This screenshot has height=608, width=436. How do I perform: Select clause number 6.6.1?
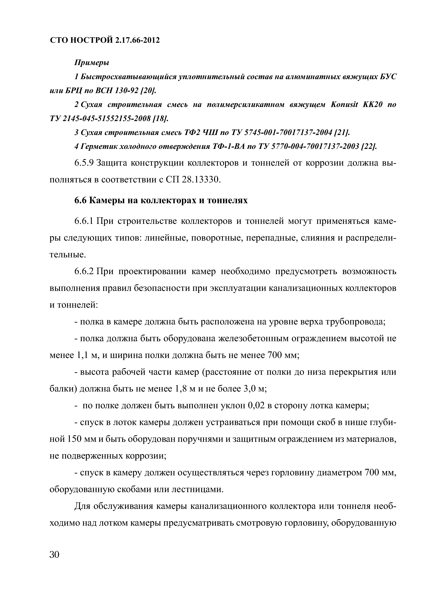point(84,222)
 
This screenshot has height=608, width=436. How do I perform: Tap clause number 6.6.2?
point(84,272)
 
